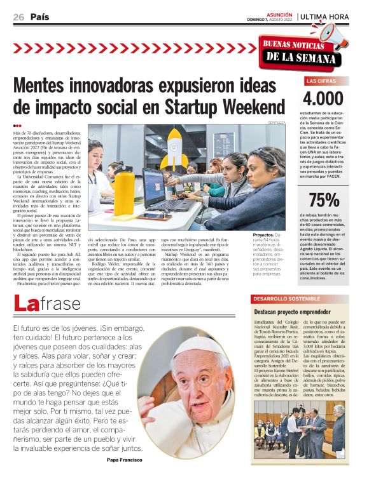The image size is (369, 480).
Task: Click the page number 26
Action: pyautogui.click(x=18, y=17)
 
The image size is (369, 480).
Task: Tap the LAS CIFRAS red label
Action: pyautogui.click(x=321, y=81)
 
